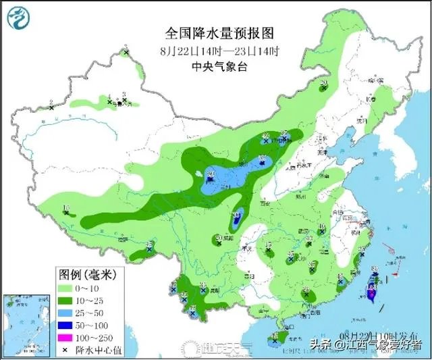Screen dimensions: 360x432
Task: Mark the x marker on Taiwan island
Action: click(x=370, y=288)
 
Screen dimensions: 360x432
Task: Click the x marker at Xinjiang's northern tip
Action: click(x=126, y=52)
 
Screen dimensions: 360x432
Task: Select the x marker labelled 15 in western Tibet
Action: click(x=66, y=213)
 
